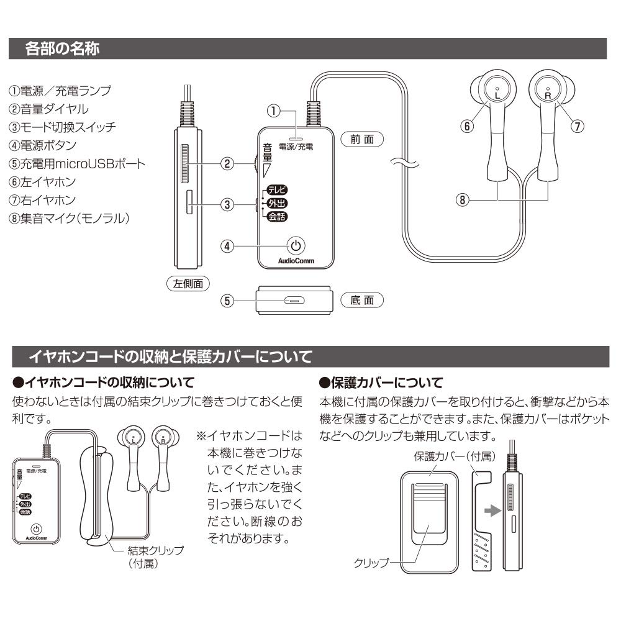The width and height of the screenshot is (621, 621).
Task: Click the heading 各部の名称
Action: [x=61, y=48]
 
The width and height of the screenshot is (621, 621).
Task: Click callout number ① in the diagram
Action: [x=273, y=111]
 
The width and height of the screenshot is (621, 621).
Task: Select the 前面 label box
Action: [x=362, y=140]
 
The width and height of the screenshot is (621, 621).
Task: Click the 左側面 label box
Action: [x=188, y=283]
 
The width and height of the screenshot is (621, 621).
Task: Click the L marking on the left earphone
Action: [x=497, y=94]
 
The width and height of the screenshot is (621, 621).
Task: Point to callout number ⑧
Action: [x=462, y=201]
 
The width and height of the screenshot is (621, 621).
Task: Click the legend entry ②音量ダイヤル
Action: [x=48, y=109]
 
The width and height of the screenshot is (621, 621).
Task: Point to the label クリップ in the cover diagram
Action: [x=371, y=563]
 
